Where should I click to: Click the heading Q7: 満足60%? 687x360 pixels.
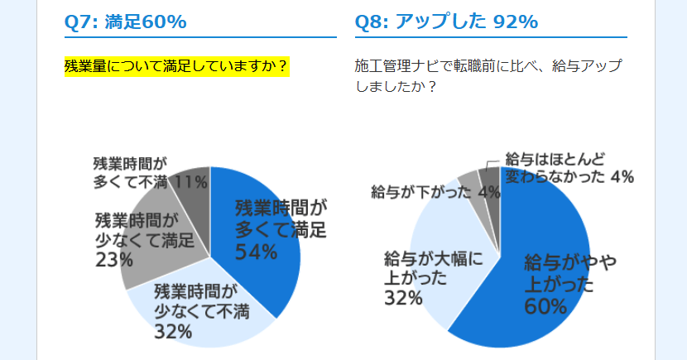[x=125, y=22]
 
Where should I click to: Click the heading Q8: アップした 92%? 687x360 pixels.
[x=446, y=22]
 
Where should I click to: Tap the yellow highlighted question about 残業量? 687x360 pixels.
[x=176, y=66]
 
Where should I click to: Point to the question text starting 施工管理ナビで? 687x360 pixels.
[x=488, y=76]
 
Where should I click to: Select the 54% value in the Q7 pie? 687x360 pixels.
[x=257, y=252]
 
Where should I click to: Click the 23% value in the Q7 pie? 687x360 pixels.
[x=114, y=260]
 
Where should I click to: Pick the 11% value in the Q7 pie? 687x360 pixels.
[x=190, y=181]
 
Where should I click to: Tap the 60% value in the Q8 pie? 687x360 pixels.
[x=545, y=306]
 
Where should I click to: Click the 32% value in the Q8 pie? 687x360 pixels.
[x=403, y=298]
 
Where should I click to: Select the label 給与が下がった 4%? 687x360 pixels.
[x=435, y=192]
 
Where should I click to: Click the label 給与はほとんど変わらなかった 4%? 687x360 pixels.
[x=569, y=168]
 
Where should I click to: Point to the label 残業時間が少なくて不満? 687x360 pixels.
[x=201, y=302]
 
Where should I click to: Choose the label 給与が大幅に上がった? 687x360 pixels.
[x=434, y=268]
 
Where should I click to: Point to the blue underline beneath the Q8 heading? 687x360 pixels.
[x=491, y=37]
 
